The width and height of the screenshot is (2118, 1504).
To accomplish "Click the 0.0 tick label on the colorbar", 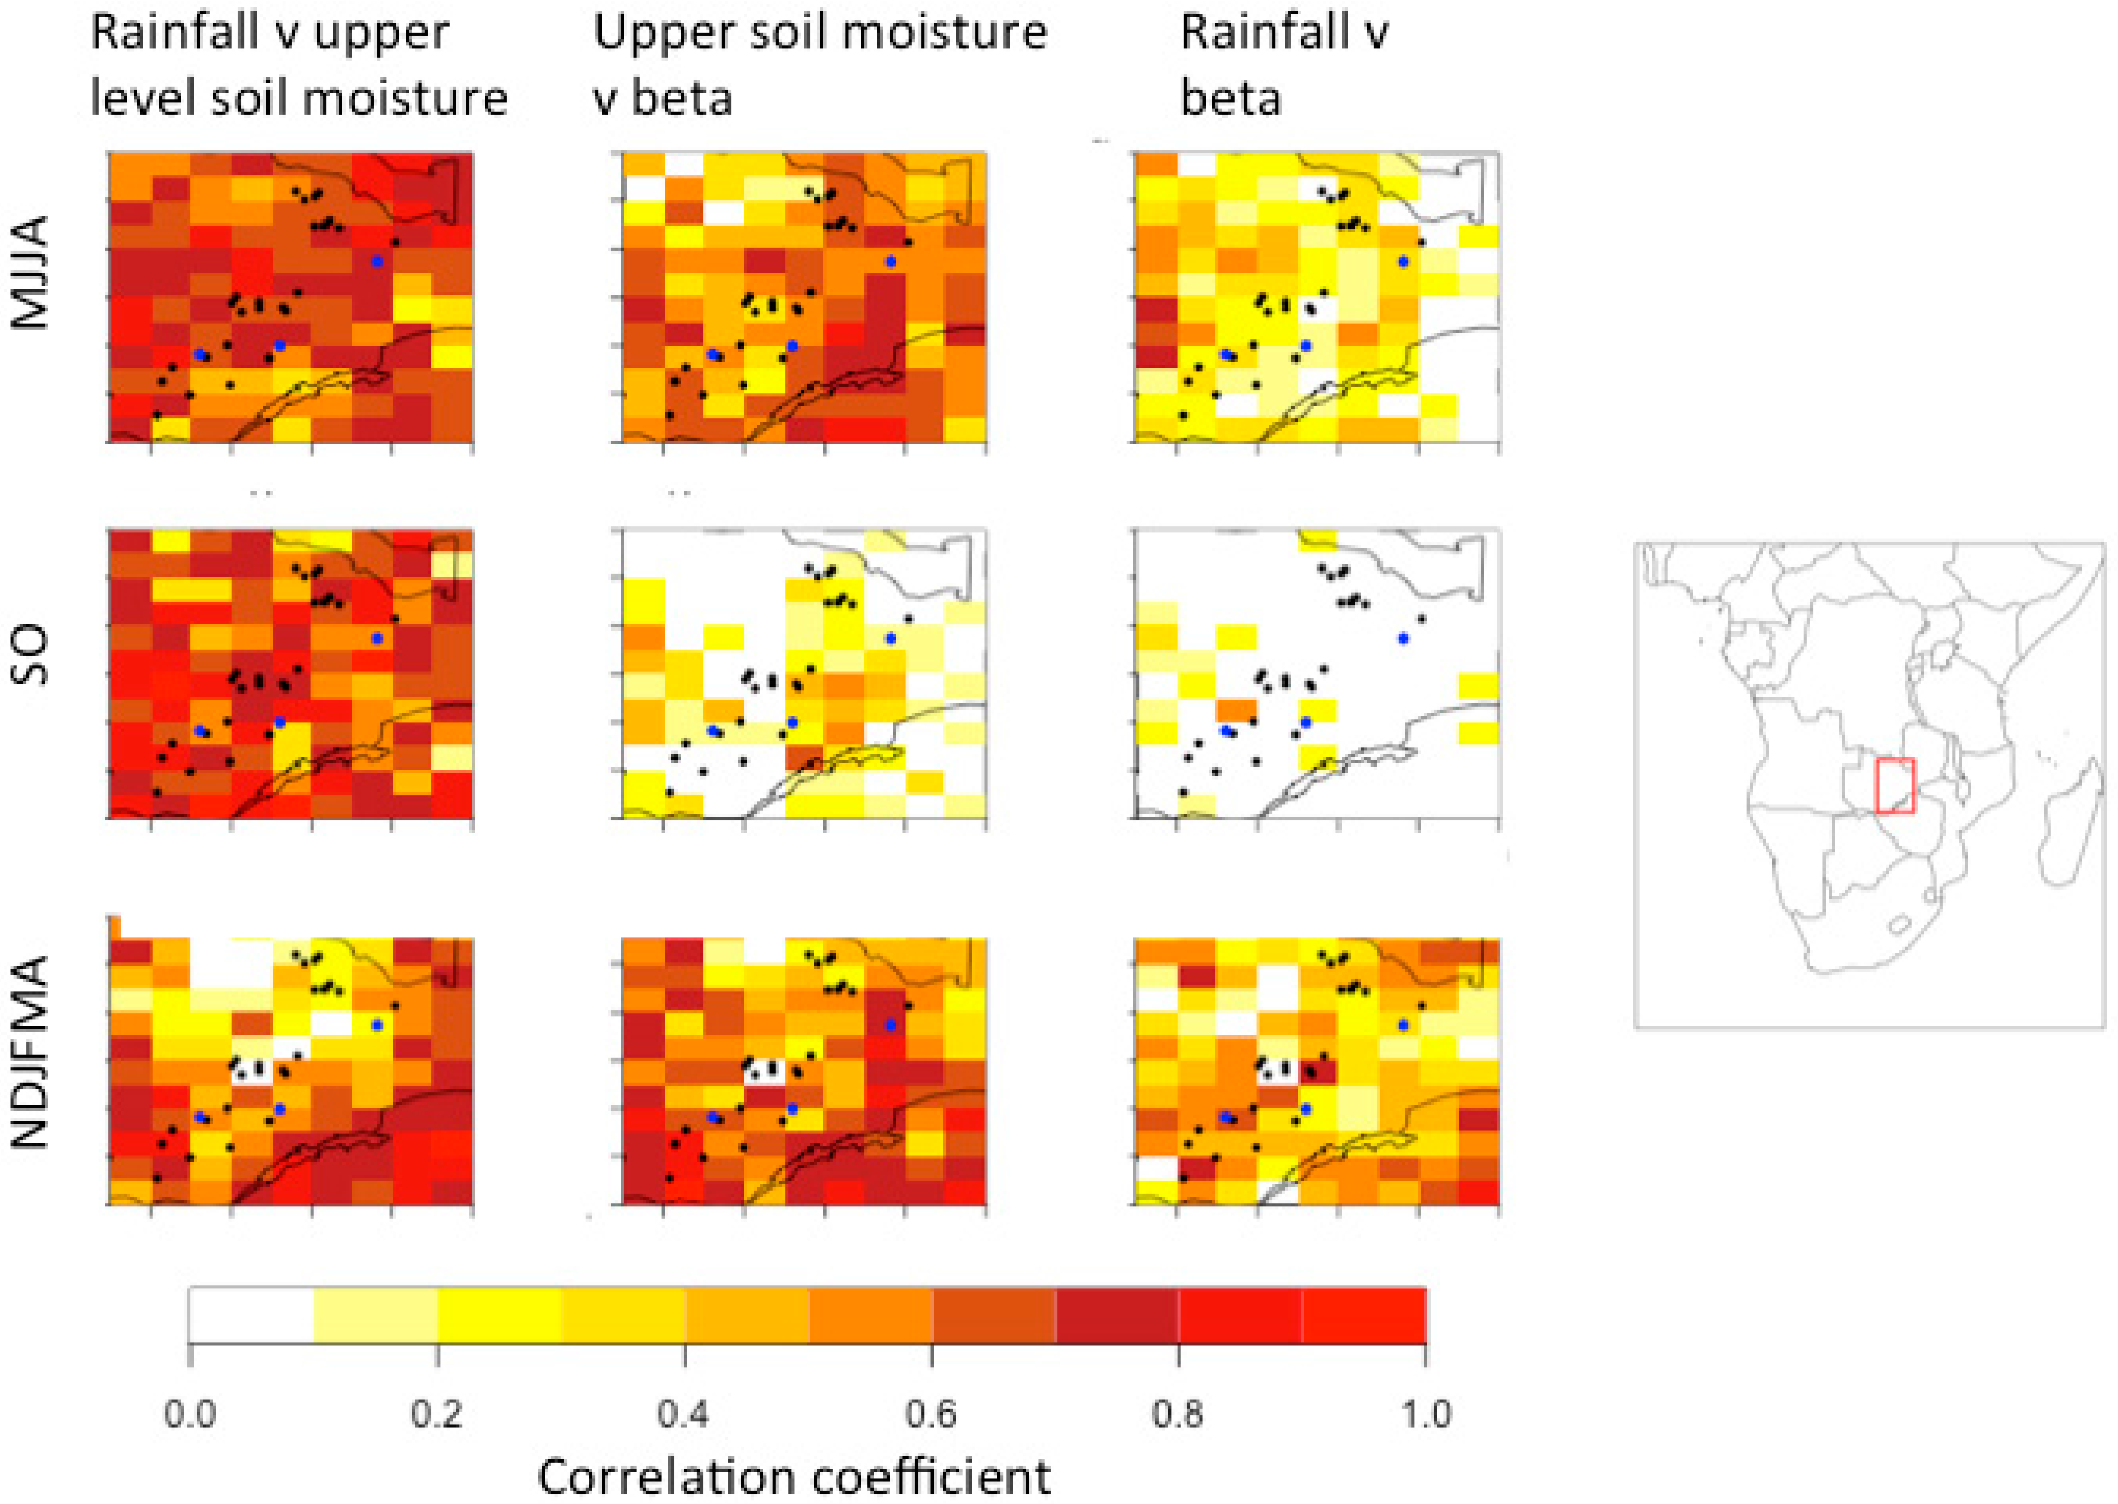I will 190,1414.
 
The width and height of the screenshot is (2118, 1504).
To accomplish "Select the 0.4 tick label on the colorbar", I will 684,1414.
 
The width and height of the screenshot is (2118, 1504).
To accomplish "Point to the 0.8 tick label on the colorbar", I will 1177,1414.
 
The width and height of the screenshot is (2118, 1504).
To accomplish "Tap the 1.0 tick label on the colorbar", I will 1425,1414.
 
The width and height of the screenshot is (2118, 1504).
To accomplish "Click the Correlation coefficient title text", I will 794,1477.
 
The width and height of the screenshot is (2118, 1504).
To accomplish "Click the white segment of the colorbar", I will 251,1315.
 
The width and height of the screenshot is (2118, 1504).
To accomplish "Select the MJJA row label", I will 30,273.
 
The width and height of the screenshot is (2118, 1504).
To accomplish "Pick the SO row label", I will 30,655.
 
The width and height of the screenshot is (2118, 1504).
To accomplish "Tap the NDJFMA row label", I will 30,1053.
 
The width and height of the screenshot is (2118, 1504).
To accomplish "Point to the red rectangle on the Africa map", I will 1895,785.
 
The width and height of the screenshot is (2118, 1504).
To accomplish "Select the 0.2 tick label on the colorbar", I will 436,1414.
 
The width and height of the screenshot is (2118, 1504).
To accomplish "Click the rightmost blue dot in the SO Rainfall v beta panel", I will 1403,638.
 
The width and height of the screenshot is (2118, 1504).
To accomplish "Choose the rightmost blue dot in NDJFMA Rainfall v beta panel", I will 1403,1025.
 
